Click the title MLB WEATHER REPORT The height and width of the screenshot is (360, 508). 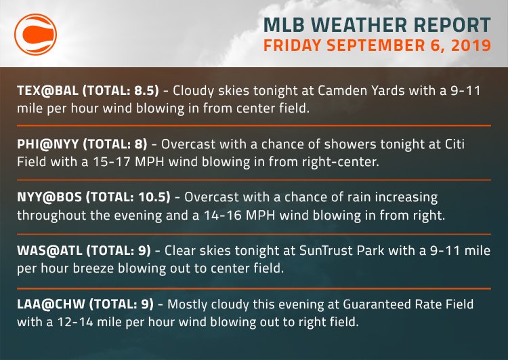tap(377, 25)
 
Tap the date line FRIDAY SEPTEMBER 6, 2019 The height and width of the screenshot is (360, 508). tap(377, 47)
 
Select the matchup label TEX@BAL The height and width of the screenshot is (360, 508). tap(42, 90)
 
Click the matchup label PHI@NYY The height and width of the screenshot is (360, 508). tap(42, 144)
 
